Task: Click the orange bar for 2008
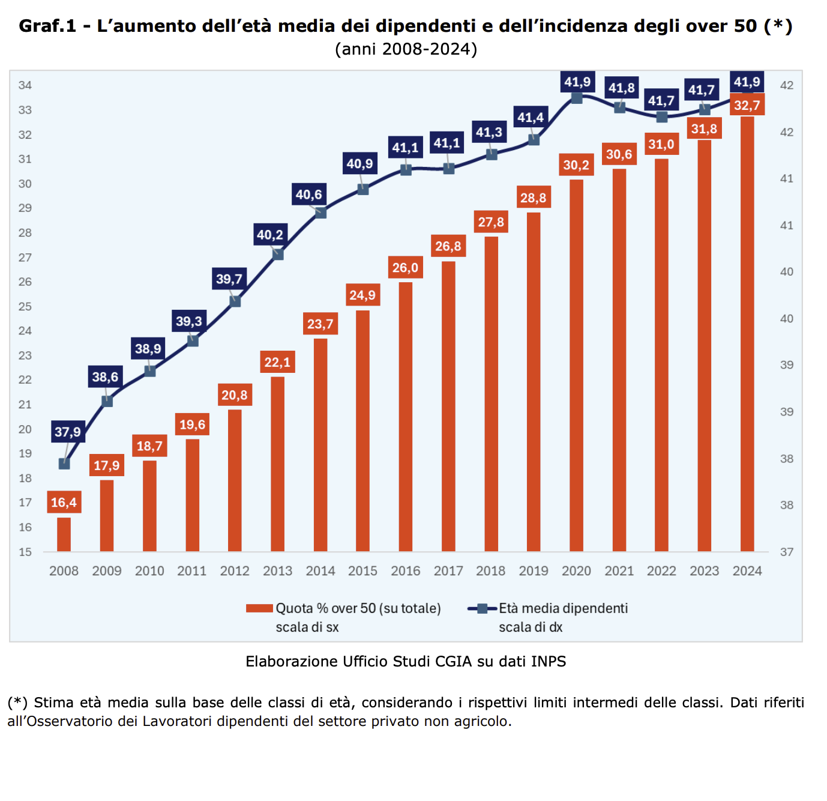[64, 534]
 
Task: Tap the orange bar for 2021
[619, 360]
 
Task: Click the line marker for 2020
[577, 98]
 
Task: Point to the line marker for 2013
[278, 255]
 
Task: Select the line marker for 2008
[64, 464]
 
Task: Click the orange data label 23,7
[320, 324]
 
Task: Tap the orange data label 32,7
[747, 106]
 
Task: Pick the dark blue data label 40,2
[270, 235]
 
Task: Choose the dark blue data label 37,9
[67, 432]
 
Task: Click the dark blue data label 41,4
[531, 118]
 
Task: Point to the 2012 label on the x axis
[235, 571]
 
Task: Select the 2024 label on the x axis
[747, 571]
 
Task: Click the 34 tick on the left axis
[25, 85]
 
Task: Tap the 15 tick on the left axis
[25, 552]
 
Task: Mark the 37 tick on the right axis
[786, 552]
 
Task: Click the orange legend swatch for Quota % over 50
[259, 608]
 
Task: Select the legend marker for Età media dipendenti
[482, 608]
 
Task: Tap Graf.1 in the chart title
[47, 26]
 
